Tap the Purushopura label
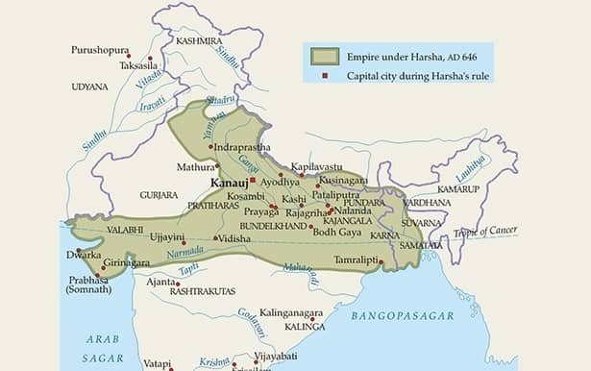[100, 49]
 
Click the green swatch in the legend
[325, 56]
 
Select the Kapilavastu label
[318, 166]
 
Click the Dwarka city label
[84, 255]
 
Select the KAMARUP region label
[457, 189]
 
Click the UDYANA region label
[89, 87]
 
